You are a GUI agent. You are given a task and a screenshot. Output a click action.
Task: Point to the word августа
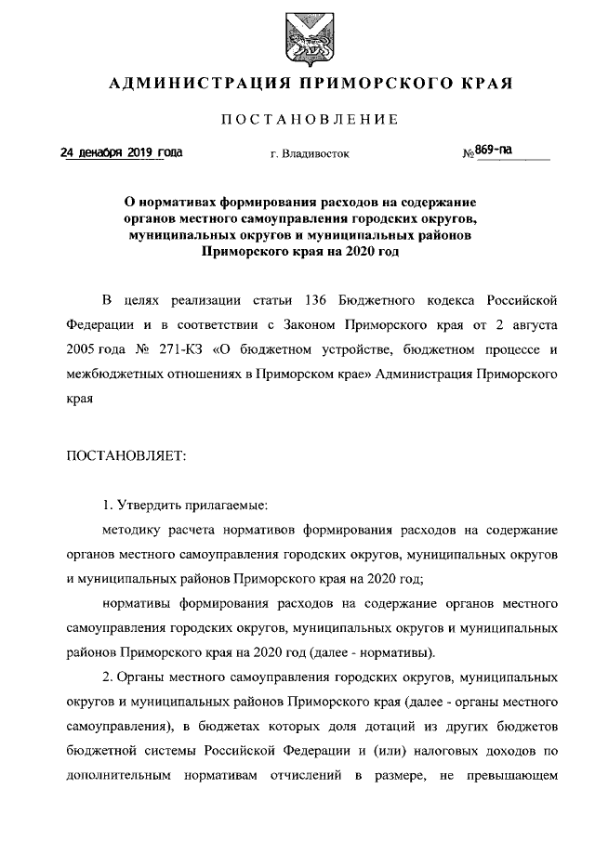pyautogui.click(x=529, y=326)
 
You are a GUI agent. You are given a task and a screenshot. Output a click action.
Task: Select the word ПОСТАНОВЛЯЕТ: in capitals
pyautogui.click(x=126, y=454)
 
